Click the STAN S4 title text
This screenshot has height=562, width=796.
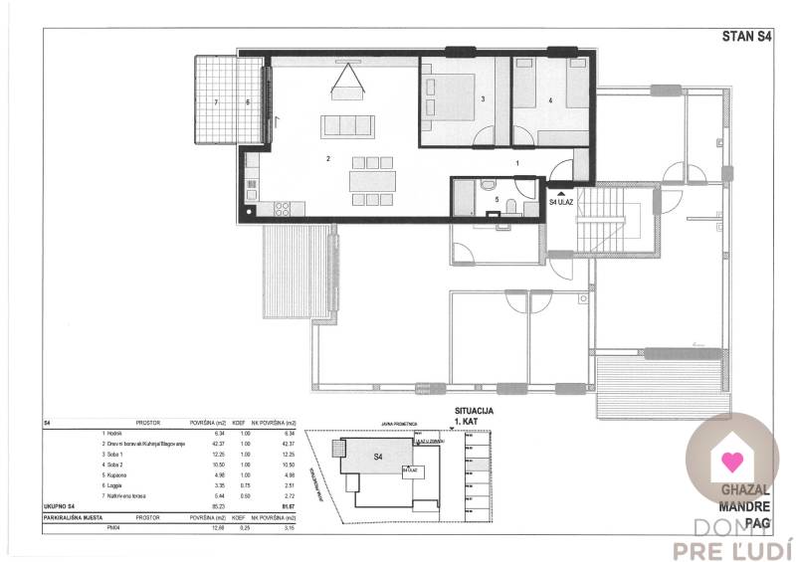click(x=746, y=37)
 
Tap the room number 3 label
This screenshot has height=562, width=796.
click(x=482, y=99)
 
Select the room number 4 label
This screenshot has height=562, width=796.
click(x=550, y=99)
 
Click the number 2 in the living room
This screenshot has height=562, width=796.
click(x=326, y=158)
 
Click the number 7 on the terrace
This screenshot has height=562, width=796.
click(x=216, y=101)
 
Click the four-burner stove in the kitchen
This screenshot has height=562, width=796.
click(x=282, y=210)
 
